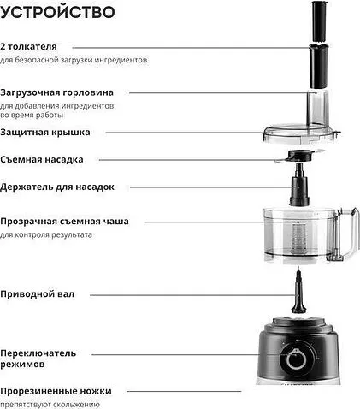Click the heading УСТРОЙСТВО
pyautogui.click(x=59, y=14)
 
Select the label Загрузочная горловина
pyautogui.click(x=69, y=92)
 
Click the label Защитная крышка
pyautogui.click(x=57, y=133)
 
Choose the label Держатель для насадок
pyautogui.click(x=69, y=187)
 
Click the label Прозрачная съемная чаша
pyautogui.click(x=76, y=221)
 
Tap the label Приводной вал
pyautogui.click(x=49, y=293)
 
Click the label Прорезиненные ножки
pyautogui.click(x=68, y=389)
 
